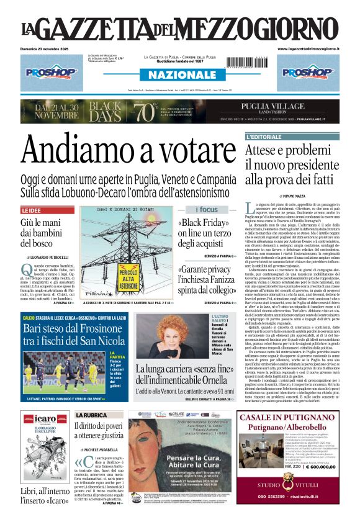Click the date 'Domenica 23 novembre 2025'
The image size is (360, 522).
(43, 48)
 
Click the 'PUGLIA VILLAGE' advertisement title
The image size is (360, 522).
(286, 106)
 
